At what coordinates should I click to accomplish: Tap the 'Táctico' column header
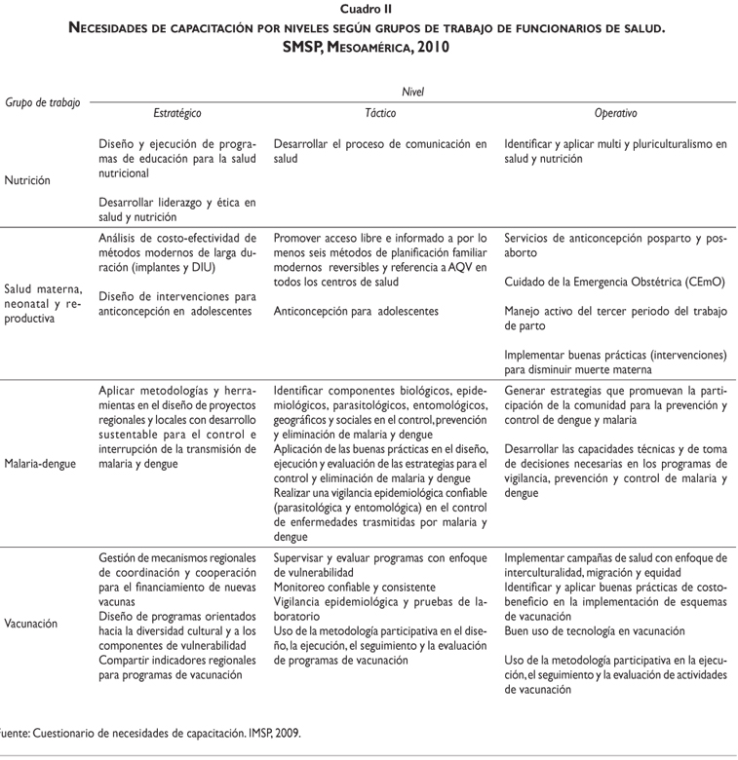coord(379,113)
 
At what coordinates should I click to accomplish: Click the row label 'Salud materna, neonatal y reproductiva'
coord(43,304)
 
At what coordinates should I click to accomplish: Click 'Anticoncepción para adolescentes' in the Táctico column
coord(356,311)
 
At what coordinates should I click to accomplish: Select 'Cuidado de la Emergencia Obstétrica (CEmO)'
coord(615,283)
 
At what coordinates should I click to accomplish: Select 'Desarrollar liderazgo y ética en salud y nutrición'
coord(175,209)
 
